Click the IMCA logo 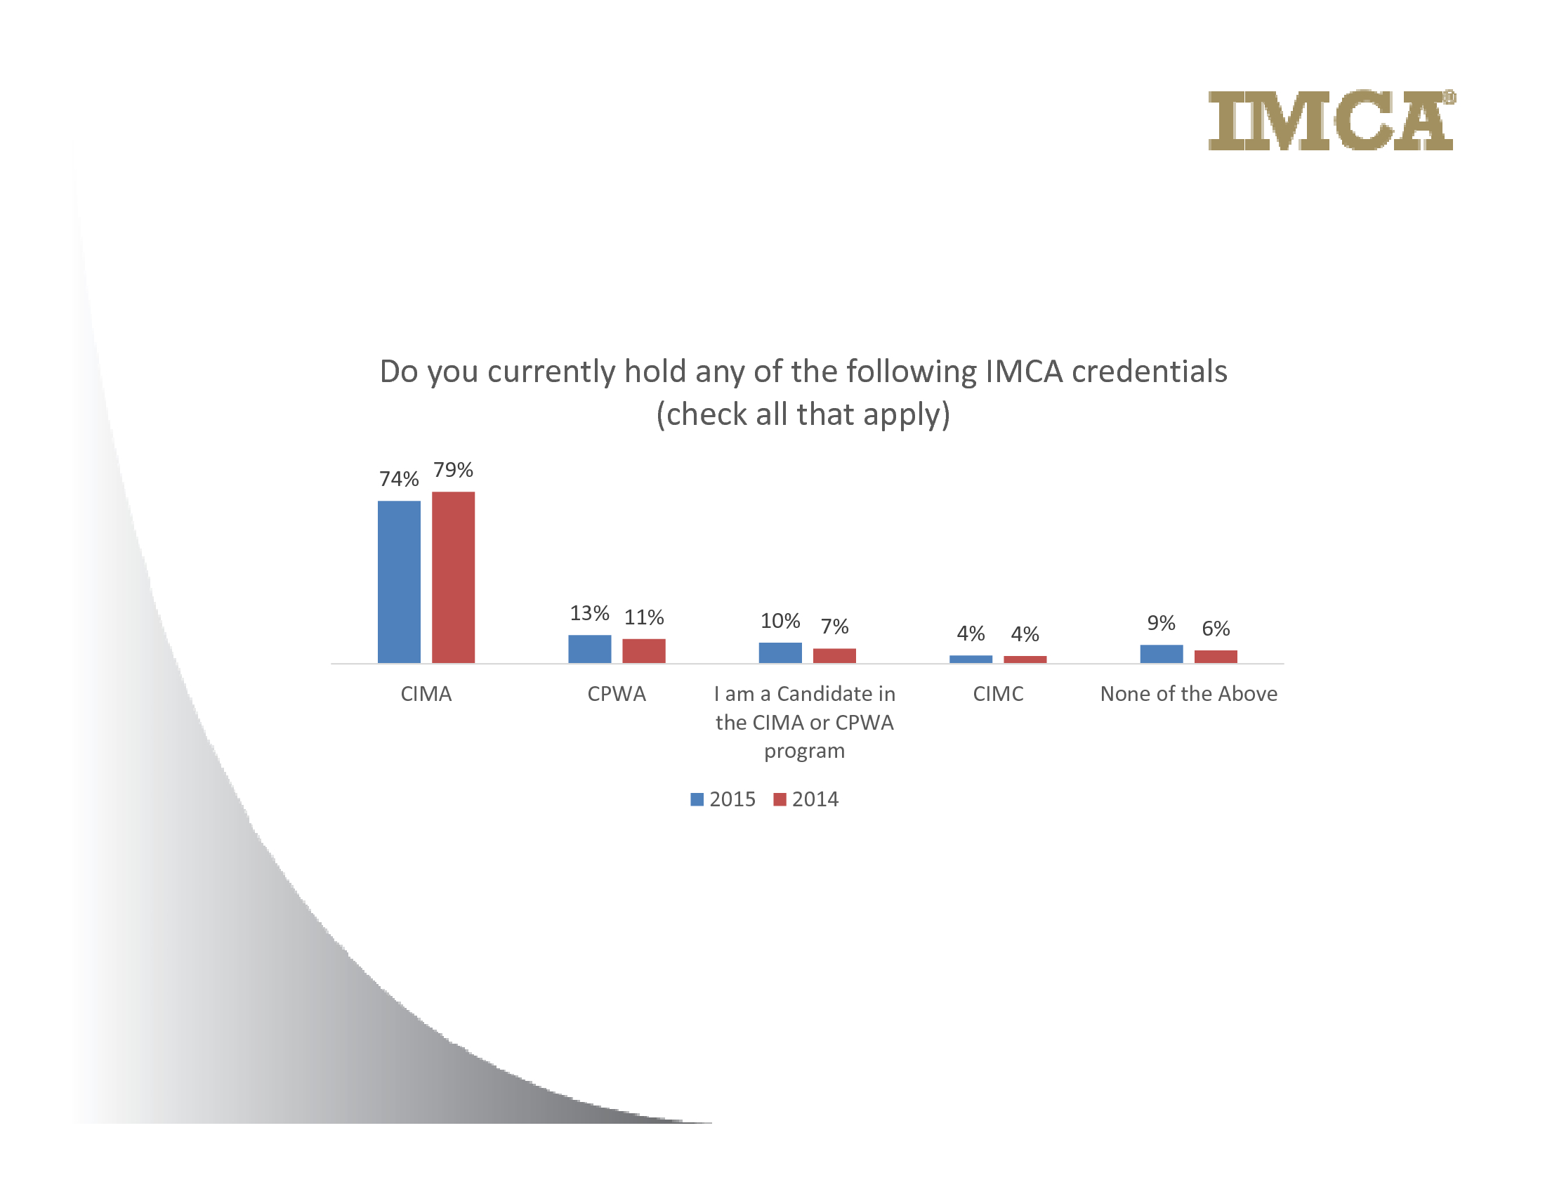tap(1332, 119)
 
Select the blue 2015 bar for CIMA tap(399, 582)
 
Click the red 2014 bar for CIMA tap(454, 577)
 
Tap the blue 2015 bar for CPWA tap(589, 649)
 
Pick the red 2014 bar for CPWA tap(644, 651)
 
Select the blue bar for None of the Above tap(1162, 654)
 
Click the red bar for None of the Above tap(1216, 657)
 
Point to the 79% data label tap(454, 470)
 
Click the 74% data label tap(399, 479)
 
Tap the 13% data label tap(589, 612)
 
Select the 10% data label tap(780, 621)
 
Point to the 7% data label tap(835, 626)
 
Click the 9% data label tap(1162, 623)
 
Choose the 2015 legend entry tap(723, 799)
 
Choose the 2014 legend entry tap(806, 799)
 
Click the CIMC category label tap(998, 694)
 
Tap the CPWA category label tap(617, 694)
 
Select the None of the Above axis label tap(1189, 694)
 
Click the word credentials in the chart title tap(1150, 372)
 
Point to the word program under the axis tap(805, 752)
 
